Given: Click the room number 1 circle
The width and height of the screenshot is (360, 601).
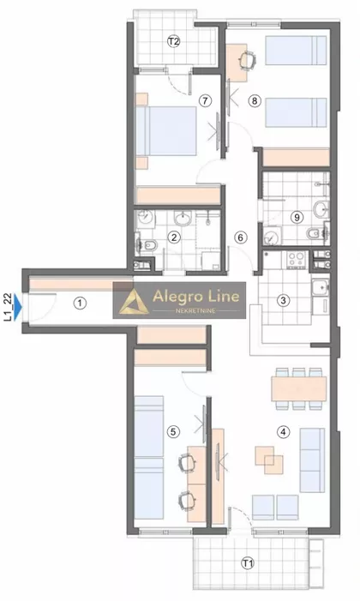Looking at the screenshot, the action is click(80, 304).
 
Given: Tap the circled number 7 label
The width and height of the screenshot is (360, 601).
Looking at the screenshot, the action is click(206, 101).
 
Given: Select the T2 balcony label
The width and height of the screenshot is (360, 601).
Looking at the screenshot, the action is click(174, 41).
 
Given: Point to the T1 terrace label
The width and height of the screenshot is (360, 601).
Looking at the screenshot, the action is click(248, 563).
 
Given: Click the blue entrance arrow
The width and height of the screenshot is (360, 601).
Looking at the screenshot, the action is click(18, 307).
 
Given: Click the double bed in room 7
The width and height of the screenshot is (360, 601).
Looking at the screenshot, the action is click(166, 131).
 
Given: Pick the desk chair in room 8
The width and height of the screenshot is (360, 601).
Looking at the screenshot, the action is click(247, 60).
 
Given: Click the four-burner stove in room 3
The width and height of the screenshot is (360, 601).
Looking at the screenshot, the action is click(297, 259).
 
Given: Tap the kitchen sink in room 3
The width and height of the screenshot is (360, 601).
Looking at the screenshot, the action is click(320, 286).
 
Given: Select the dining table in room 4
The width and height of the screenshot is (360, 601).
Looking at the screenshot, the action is click(299, 388).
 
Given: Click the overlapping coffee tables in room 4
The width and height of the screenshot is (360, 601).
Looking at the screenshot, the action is click(269, 460).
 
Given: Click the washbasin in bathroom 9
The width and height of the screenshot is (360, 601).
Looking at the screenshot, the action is click(321, 209).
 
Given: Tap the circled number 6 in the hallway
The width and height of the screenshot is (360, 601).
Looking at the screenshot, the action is click(240, 237).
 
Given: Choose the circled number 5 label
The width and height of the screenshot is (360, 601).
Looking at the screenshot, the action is click(173, 432).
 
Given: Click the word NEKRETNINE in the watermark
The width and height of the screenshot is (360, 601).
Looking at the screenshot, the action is click(195, 310).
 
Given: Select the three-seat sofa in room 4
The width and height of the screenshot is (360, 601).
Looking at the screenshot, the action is click(313, 460).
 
